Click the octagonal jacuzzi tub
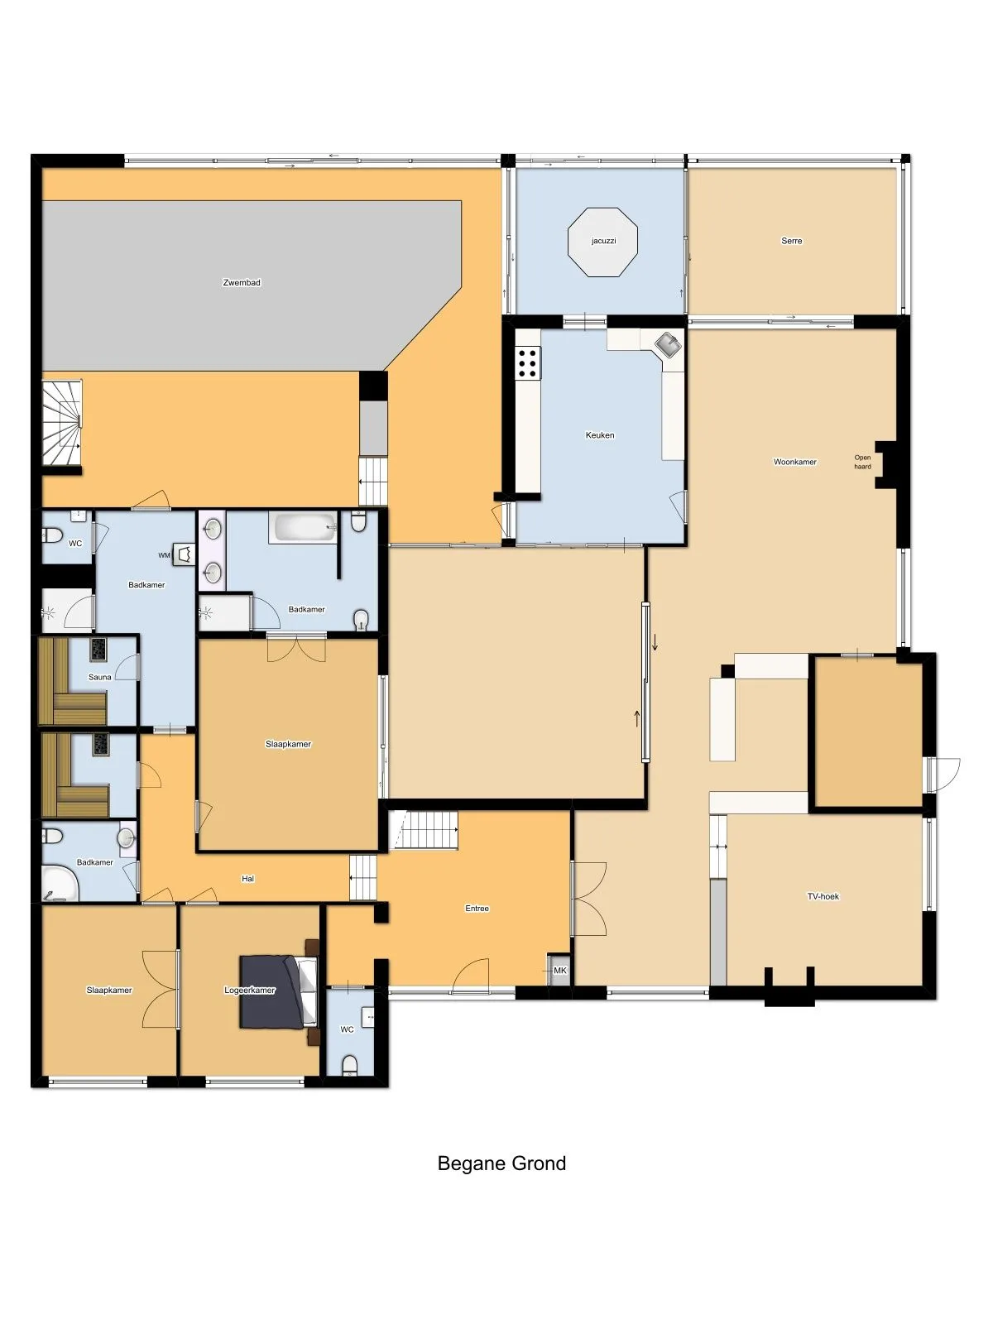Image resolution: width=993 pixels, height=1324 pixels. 602,242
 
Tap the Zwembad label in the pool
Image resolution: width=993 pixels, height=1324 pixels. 242,282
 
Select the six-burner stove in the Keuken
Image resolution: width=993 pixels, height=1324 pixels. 528,363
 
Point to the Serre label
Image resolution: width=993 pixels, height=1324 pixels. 792,241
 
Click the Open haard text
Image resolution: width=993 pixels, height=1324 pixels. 862,462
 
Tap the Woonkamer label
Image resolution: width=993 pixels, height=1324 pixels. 794,462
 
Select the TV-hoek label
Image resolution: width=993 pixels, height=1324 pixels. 823,896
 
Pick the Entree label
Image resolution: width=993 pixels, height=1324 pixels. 477,909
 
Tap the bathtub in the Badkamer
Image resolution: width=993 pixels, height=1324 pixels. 305,528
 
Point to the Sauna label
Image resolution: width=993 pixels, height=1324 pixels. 100,677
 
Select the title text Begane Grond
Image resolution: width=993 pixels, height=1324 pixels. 501,1163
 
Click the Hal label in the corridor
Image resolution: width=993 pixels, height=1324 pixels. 247,879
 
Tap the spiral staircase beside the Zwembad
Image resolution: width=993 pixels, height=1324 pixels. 61,422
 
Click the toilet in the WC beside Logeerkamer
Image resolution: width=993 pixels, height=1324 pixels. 350,1066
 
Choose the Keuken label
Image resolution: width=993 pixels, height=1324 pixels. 600,435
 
